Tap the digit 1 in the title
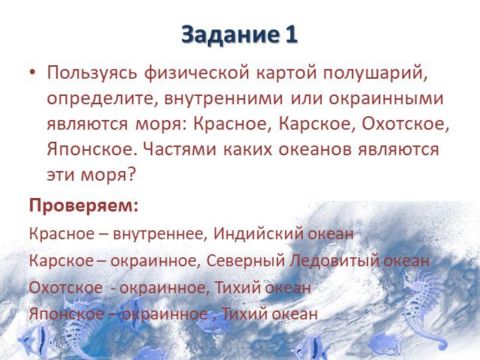pos(291,34)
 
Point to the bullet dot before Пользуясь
pos(32,73)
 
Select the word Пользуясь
pos(91,74)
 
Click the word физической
pos(196,74)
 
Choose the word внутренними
pos(223,99)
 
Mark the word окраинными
pos(386,99)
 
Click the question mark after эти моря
pos(130,175)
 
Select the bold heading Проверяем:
pos(84,205)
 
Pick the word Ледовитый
pos(334,260)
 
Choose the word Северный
pos(245,261)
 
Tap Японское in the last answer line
pos(67,313)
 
